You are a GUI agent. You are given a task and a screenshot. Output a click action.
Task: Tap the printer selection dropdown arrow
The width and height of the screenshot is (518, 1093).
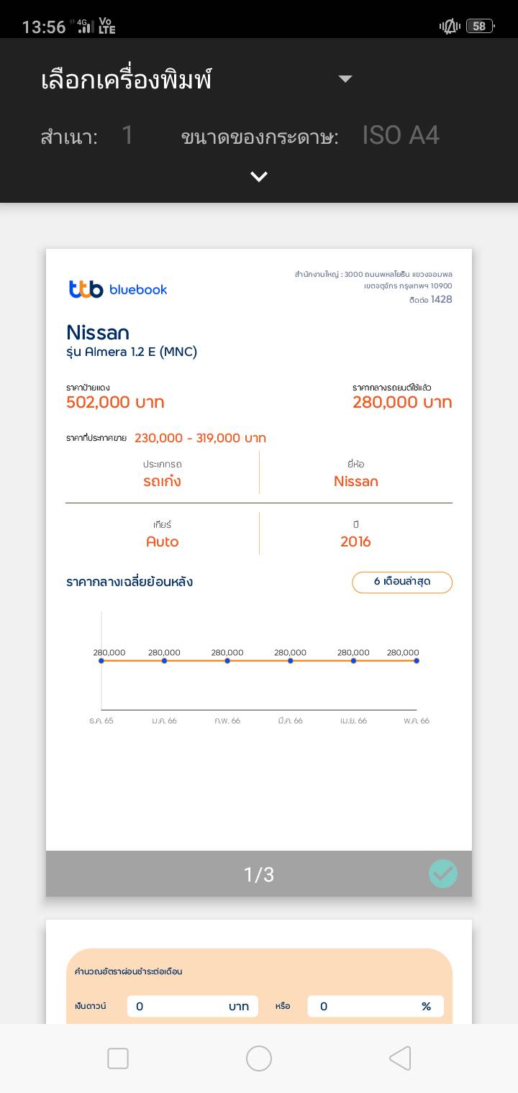pos(345,79)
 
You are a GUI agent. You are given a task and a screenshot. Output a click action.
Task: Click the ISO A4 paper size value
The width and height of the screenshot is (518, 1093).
pos(401,135)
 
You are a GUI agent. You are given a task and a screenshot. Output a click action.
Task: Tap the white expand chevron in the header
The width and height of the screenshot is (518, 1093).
pos(259,176)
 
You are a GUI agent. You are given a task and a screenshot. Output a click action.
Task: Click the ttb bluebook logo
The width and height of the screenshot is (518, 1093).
pos(118,289)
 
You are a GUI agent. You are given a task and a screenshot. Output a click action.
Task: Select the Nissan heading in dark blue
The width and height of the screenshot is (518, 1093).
pos(98,332)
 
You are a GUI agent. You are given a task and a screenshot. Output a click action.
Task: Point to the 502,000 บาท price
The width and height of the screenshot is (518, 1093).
pos(115,402)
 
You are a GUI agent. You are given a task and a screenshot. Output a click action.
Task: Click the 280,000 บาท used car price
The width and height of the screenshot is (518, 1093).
pos(402,402)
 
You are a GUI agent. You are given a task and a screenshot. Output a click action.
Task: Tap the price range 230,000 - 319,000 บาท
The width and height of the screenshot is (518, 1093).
pos(200,438)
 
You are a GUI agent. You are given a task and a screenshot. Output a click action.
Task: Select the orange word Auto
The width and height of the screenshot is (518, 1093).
pos(162,541)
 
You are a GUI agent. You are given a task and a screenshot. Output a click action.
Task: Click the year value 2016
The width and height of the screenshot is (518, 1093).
pos(355,541)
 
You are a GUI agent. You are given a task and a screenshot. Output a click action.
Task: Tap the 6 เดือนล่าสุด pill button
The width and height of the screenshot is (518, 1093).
pos(401,582)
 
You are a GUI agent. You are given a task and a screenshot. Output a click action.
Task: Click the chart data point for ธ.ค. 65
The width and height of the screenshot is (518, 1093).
pos(101,661)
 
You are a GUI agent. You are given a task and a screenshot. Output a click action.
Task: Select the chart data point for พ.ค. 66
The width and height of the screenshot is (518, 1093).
pos(417,661)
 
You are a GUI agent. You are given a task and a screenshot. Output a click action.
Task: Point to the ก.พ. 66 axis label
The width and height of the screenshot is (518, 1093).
pos(227,721)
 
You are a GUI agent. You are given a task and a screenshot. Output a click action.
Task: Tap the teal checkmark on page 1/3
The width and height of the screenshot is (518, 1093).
pos(443,874)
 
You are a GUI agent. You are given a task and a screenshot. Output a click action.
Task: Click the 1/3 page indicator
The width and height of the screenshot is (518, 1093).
pos(259,874)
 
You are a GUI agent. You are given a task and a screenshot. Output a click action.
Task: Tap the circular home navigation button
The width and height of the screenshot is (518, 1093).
pos(259,1058)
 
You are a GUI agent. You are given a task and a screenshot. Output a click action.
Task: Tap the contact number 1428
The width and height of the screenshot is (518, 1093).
pos(442,299)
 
